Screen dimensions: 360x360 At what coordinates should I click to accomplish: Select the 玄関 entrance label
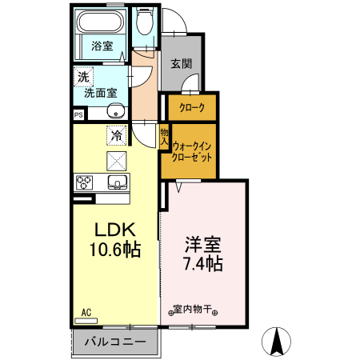(x=179, y=64)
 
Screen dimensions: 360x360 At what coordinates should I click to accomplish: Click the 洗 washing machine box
(x=83, y=77)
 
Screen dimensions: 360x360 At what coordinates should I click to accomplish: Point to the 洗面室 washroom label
(x=101, y=92)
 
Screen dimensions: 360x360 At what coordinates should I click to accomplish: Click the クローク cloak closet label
(x=190, y=107)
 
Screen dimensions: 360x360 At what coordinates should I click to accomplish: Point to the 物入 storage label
(x=164, y=137)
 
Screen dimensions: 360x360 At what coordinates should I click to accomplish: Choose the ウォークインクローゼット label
(x=192, y=152)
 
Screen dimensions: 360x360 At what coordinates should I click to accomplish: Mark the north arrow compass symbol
(x=278, y=342)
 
